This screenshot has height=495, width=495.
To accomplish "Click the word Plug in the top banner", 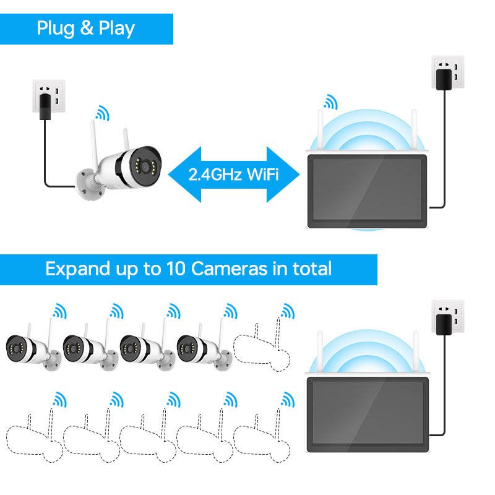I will point(54,28).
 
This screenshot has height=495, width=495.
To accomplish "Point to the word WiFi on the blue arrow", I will point(263,174).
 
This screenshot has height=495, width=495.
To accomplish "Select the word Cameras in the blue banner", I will point(229,269).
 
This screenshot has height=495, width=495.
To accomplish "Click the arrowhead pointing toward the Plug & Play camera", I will point(185,174).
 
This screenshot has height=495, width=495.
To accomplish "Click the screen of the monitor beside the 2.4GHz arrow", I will point(368,189).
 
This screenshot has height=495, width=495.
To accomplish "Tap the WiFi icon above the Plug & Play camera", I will point(101,113).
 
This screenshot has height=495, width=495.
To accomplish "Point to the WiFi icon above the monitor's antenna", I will point(330,101).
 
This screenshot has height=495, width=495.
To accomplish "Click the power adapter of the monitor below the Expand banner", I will point(444,324).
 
